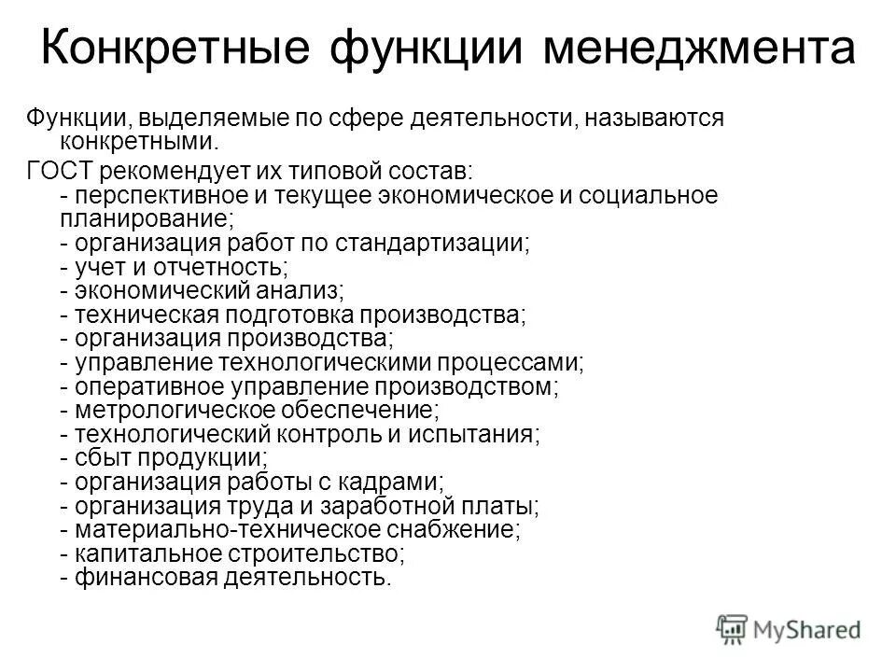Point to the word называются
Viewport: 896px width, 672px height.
point(642,119)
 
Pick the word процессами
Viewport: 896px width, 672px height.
point(505,362)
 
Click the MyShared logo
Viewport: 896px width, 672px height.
point(789,628)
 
